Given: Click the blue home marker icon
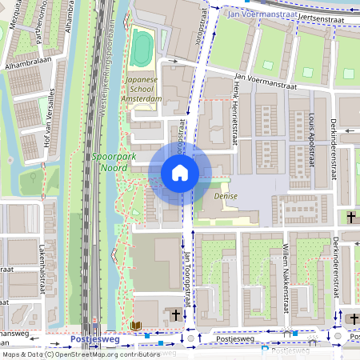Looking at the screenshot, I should click(180, 173).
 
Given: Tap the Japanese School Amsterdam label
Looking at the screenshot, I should click(144, 89).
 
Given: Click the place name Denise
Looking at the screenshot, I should click(226, 195).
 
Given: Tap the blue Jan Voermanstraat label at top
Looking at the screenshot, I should click(258, 14).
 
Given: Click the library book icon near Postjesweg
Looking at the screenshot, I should click(136, 326).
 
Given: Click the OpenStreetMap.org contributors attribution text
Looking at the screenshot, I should click(108, 354).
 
